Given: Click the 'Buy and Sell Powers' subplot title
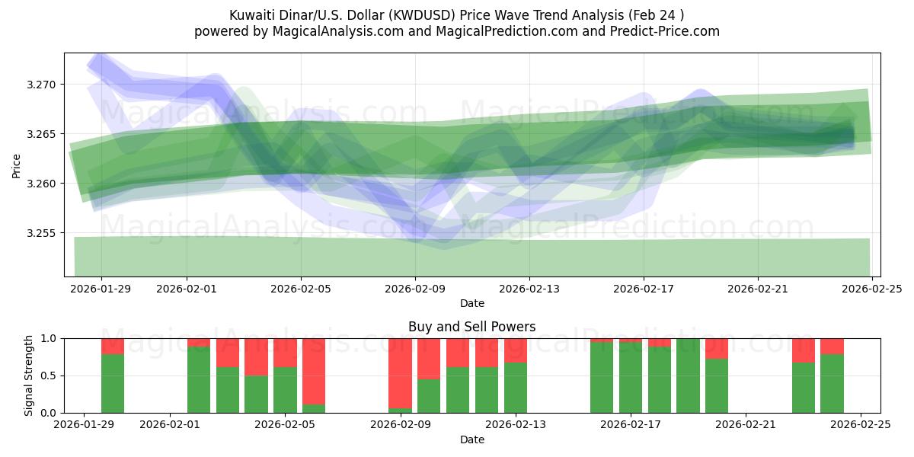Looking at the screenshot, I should (471, 327).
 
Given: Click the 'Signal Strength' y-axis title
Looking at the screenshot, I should (29, 375).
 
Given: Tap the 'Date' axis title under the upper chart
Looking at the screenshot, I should (471, 303).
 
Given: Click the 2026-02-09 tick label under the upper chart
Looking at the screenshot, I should (415, 289).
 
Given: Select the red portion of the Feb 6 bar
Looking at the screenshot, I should (314, 370).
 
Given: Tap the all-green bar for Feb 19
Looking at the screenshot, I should (688, 376).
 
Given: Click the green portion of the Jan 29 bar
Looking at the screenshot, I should (113, 383).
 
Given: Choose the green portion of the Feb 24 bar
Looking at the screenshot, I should (832, 383).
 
